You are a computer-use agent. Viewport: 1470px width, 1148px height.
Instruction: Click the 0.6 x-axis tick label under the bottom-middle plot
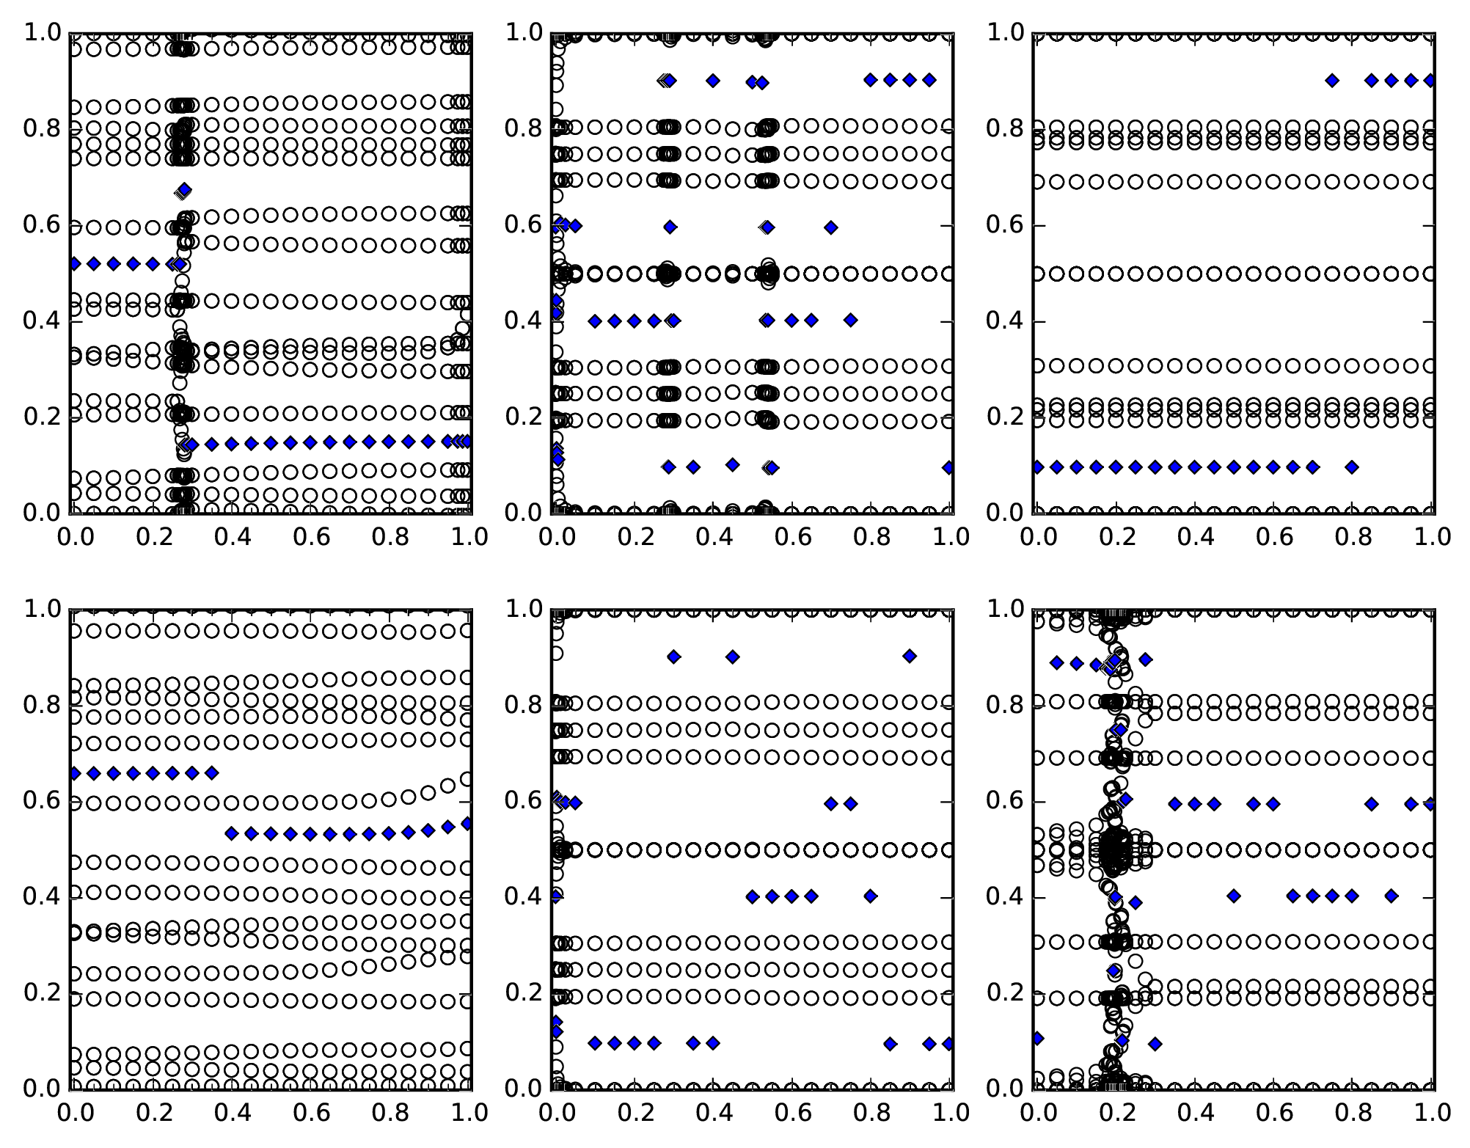791,1113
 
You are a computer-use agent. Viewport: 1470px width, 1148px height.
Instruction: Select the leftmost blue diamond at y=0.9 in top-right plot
1332,81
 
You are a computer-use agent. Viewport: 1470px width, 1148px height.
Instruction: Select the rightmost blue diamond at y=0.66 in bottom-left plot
212,773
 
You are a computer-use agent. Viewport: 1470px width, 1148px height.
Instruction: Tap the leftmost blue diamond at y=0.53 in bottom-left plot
232,833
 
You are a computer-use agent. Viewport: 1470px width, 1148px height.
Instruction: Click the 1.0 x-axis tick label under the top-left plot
469,537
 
